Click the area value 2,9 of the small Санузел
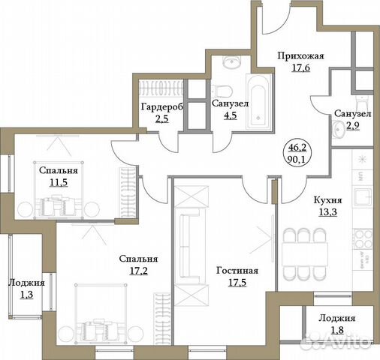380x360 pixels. (x=352, y=125)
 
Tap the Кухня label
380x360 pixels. (x=328, y=201)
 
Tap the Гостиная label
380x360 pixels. (x=237, y=271)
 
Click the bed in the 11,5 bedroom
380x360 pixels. (x=56, y=201)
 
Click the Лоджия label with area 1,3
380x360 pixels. (x=27, y=283)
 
